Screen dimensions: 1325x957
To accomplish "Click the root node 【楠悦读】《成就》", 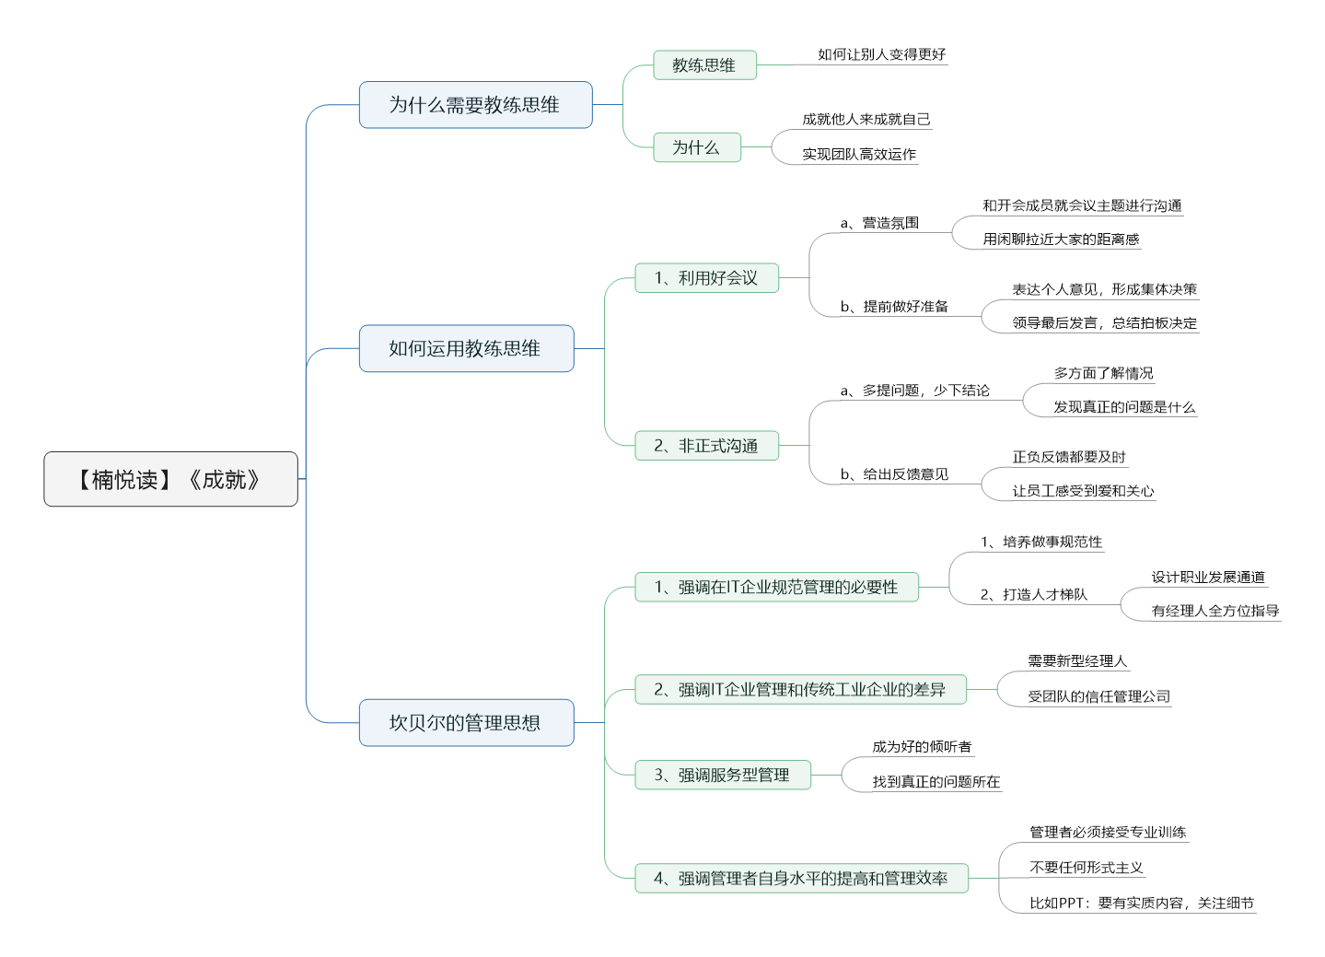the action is click(170, 479).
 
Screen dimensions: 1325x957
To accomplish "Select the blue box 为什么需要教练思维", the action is click(475, 105).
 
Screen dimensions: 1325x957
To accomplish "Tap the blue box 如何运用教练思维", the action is click(466, 348).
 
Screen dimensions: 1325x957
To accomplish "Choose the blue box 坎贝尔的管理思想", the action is click(466, 723).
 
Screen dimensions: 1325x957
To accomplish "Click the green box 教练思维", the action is click(704, 65).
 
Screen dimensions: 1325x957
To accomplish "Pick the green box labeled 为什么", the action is click(697, 147).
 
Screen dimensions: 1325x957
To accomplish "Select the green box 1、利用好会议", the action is click(706, 277).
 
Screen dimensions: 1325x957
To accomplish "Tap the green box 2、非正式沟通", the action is click(706, 446).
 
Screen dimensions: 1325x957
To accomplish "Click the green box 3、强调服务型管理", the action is click(722, 775).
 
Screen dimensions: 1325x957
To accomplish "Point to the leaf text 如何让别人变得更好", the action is click(881, 54).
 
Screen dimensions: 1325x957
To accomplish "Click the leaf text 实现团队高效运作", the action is click(859, 155).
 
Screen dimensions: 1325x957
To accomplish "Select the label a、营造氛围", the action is click(879, 223).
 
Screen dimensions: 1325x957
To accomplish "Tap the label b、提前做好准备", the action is click(894, 307).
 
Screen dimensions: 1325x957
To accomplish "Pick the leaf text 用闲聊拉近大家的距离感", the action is click(1061, 239).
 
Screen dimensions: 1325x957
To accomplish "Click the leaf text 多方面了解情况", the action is click(1103, 373).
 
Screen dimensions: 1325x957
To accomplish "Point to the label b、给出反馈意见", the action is click(894, 474).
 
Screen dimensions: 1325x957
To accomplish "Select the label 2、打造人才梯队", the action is click(1033, 595).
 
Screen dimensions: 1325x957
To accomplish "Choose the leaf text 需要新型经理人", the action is click(1077, 661).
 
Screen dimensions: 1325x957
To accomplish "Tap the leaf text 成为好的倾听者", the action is click(922, 747).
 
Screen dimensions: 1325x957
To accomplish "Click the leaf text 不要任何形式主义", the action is click(1086, 868).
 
